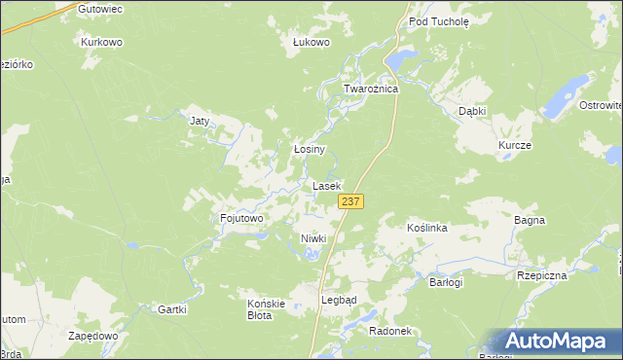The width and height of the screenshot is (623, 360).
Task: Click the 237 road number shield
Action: (x=351, y=200)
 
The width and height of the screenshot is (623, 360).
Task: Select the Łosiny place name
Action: (x=309, y=150)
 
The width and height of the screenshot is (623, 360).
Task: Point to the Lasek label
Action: (x=326, y=185)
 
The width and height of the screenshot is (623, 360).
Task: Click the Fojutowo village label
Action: (x=241, y=219)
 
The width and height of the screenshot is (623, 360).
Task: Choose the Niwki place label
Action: (x=312, y=238)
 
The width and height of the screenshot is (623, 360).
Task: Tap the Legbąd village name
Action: (x=339, y=300)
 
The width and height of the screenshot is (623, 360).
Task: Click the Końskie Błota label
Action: (x=266, y=309)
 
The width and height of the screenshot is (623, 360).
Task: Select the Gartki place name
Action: (x=171, y=308)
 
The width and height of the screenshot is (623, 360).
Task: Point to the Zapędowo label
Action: (x=93, y=335)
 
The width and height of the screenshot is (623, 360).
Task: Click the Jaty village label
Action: (x=200, y=122)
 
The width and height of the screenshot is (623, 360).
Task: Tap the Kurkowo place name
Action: (x=101, y=43)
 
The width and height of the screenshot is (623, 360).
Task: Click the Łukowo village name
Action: (x=312, y=42)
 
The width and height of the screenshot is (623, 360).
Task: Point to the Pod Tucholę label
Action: (x=439, y=19)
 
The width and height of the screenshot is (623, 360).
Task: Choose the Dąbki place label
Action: (x=472, y=111)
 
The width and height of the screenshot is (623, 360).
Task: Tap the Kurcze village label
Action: (x=514, y=145)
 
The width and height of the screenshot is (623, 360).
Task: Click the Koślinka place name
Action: (x=426, y=228)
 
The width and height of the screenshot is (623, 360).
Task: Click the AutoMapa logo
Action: (x=558, y=342)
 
